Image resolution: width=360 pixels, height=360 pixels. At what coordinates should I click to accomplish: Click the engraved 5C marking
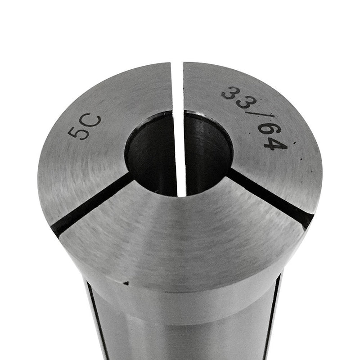pos(85,127)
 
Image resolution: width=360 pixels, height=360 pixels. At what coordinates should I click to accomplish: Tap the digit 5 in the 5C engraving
pos(76,133)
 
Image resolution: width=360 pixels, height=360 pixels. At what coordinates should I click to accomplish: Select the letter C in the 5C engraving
pos(93,123)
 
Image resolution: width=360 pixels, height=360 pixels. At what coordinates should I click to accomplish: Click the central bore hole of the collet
pos(179,153)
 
